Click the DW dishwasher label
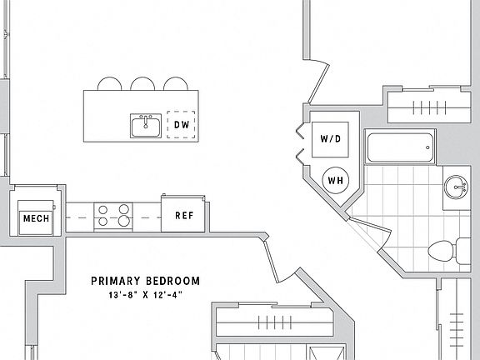182,125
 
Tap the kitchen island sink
146,126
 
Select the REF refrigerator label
184,216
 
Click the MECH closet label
36,218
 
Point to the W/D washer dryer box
330,140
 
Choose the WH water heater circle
336,180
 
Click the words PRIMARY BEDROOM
145,281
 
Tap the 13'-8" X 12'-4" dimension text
145,295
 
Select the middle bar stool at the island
142,83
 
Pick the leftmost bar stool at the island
109,83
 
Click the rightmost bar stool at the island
175,83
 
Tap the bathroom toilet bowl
442,251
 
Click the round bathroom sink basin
456,187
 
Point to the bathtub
400,147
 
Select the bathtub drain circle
427,147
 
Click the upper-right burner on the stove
124,209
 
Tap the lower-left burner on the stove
103,222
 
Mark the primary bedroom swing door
272,261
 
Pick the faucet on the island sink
146,122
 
